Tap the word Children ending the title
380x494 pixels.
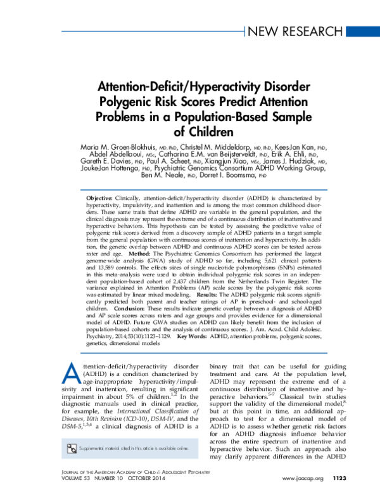pos(201,131)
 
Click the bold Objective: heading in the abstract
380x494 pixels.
pos(100,199)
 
